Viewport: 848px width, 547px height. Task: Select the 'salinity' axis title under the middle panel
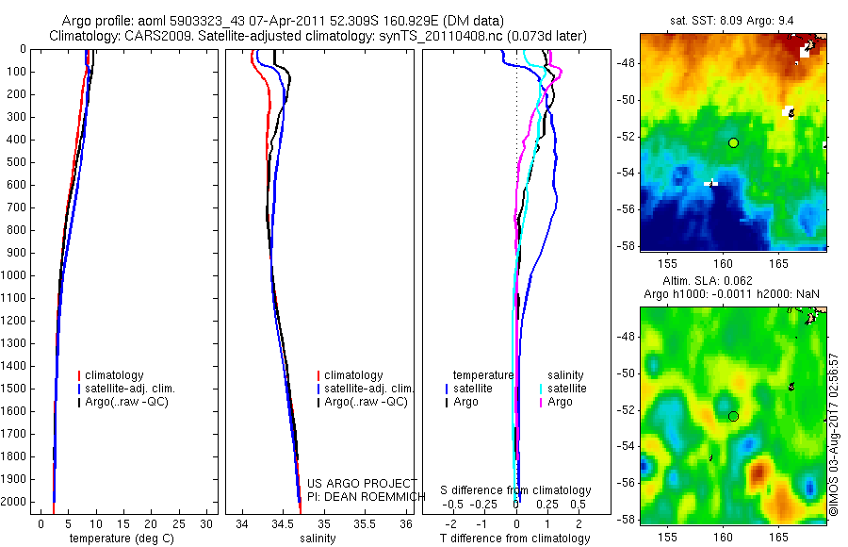[317, 539]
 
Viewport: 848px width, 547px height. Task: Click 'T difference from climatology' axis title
[515, 539]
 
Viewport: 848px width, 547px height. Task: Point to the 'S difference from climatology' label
[515, 490]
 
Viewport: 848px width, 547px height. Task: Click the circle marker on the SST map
[733, 142]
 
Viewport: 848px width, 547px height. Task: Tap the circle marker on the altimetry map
[733, 416]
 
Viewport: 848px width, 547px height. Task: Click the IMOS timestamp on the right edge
[834, 436]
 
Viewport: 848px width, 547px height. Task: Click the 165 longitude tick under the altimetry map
[778, 535]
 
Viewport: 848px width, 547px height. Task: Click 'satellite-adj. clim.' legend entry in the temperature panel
[130, 389]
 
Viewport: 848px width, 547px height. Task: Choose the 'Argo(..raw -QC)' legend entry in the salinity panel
[366, 402]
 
